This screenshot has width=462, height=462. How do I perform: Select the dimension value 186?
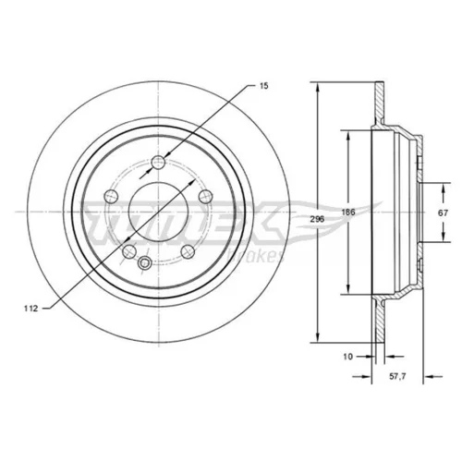[348, 212]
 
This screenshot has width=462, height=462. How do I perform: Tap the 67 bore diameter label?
[443, 213]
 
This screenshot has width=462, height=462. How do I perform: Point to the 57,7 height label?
[398, 376]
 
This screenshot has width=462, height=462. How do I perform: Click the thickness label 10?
[347, 357]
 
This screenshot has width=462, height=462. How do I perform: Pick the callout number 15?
[263, 86]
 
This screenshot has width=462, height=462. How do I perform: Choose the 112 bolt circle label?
[31, 308]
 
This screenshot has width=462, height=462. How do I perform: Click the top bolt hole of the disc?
[159, 162]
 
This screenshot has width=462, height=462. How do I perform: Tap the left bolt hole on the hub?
[112, 196]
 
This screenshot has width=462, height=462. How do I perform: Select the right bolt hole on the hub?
[206, 196]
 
